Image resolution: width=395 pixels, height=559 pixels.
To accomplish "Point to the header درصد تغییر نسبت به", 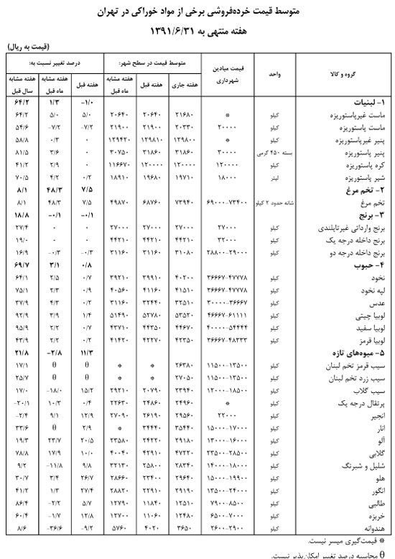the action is coord(53,63).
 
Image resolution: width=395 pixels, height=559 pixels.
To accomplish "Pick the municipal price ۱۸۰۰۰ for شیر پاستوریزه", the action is coord(227,175).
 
